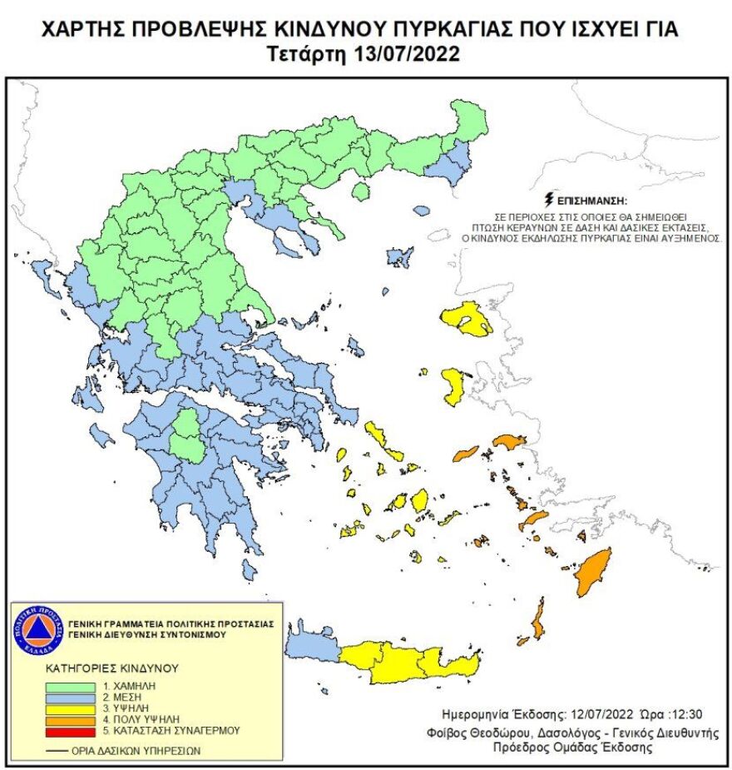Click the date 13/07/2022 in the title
click(408, 55)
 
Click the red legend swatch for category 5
click(71, 731)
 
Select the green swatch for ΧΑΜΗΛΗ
click(71, 686)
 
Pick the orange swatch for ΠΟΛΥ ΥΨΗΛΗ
click(71, 719)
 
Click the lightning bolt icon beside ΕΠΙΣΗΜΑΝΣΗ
click(547, 200)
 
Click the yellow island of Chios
click(454, 385)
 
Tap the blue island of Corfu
click(40, 271)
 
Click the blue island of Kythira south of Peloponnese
click(249, 569)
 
